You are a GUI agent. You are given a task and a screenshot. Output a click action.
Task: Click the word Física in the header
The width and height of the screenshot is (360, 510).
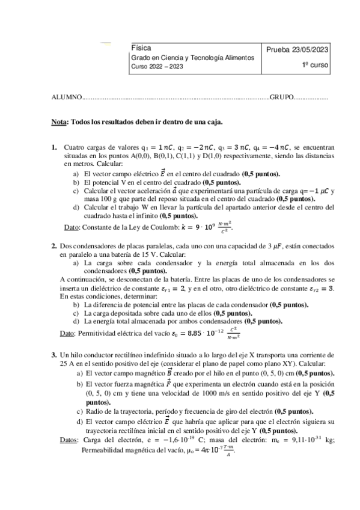click(x=141, y=48)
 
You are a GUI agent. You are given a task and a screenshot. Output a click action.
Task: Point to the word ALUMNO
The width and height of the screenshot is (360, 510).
click(x=66, y=97)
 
